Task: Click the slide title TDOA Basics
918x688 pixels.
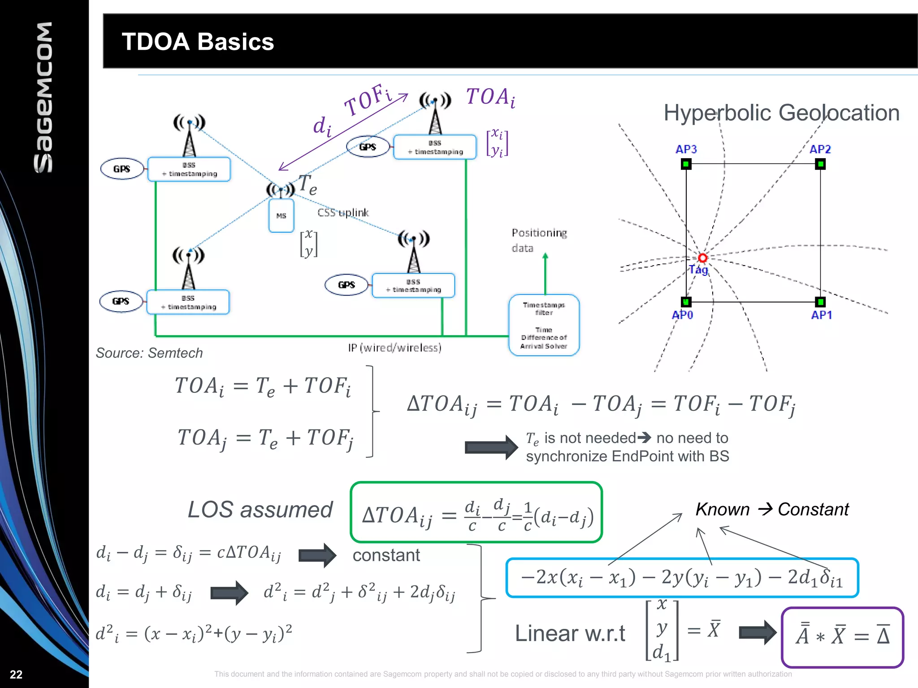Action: coord(197,42)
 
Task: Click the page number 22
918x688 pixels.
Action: coord(16,675)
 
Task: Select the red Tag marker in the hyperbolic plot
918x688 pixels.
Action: coord(702,258)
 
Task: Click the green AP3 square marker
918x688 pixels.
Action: coord(686,164)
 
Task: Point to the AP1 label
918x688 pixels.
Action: coord(821,315)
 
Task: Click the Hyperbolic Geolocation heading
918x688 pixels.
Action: coord(781,112)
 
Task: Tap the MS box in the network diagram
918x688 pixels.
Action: coord(281,215)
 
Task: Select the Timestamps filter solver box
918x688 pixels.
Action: coord(544,325)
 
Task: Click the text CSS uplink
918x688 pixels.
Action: coord(343,213)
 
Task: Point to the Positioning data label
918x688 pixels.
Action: coord(539,240)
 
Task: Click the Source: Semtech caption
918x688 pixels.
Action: coord(149,353)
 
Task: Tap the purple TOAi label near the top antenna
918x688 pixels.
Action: coord(490,97)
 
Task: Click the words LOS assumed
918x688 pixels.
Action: coord(260,510)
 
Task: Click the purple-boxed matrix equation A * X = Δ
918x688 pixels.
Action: coord(842,637)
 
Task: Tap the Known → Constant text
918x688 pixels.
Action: coord(772,509)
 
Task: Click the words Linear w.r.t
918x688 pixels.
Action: coord(570,633)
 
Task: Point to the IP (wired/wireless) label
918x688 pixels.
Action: coord(394,348)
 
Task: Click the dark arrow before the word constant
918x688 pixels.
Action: coord(317,555)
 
